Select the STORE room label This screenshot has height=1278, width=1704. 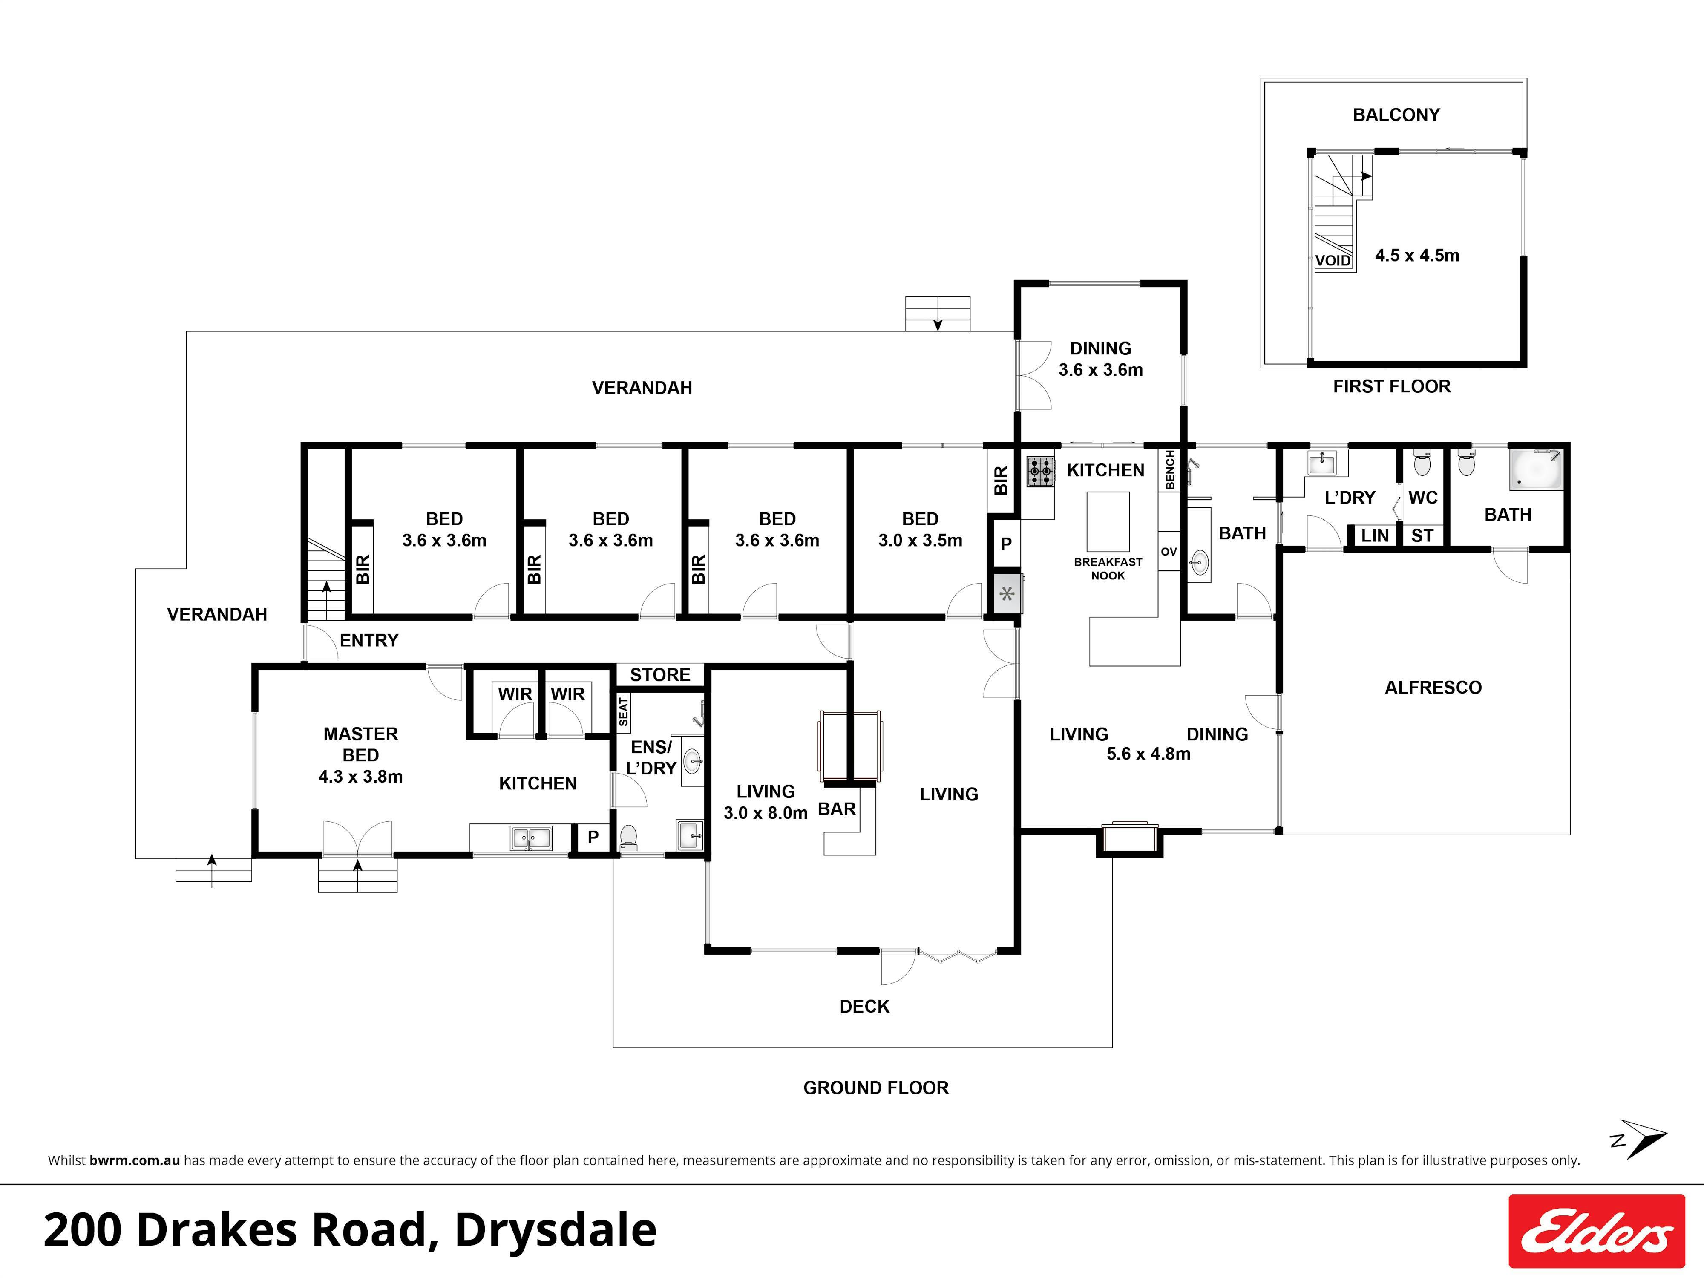(x=660, y=675)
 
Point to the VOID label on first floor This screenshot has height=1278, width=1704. (x=1333, y=260)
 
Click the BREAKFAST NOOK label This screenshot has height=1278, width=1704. (x=1108, y=569)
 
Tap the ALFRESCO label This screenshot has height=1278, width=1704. (x=1433, y=687)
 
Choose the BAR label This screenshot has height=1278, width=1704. (x=837, y=809)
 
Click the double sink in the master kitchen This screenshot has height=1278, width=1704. (x=531, y=838)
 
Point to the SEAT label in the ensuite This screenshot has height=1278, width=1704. (x=623, y=711)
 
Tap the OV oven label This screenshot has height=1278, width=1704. (x=1169, y=552)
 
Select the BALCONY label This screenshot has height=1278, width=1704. (x=1396, y=115)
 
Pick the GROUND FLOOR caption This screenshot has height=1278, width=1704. (x=876, y=1088)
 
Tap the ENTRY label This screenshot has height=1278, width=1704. (x=369, y=640)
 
